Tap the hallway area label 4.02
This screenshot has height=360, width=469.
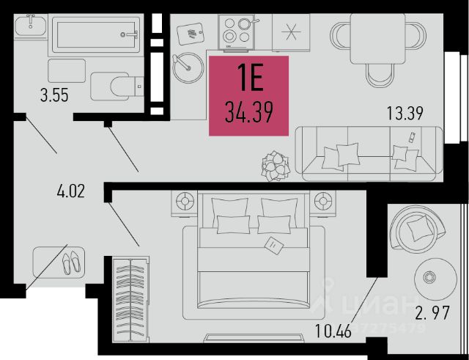(71, 193)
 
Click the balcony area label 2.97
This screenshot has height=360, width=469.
(430, 315)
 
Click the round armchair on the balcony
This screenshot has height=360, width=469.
(416, 229)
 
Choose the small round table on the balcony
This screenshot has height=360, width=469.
(429, 276)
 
